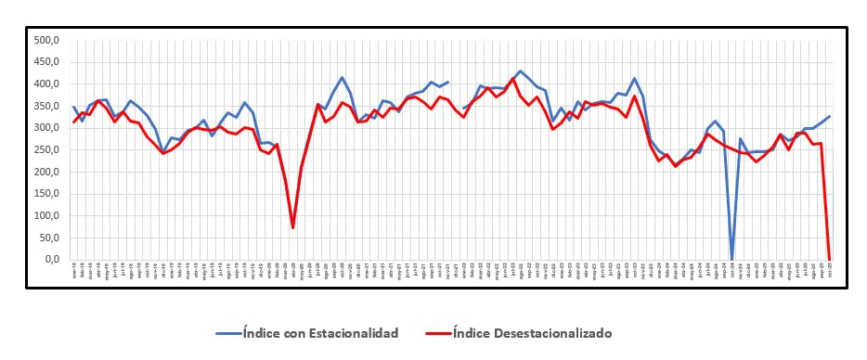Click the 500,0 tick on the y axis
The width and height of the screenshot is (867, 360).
(46, 41)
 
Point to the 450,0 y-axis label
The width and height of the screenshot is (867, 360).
(46, 62)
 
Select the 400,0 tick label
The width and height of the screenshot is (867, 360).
(46, 84)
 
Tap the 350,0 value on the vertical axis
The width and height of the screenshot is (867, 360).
(46, 107)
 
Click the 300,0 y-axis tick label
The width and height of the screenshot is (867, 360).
(46, 128)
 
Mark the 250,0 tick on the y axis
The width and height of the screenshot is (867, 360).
(46, 150)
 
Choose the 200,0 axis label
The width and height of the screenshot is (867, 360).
(46, 173)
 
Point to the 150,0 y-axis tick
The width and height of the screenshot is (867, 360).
(46, 194)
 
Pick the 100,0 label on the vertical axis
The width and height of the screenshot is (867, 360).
(46, 216)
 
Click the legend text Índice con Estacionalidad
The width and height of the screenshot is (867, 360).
(319, 332)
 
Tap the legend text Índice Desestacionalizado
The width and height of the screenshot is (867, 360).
(533, 332)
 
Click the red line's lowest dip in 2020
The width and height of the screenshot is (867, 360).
(292, 227)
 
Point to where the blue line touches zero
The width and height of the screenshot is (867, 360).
(731, 259)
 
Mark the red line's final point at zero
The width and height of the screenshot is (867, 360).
(829, 259)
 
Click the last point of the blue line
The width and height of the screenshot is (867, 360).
(829, 117)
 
